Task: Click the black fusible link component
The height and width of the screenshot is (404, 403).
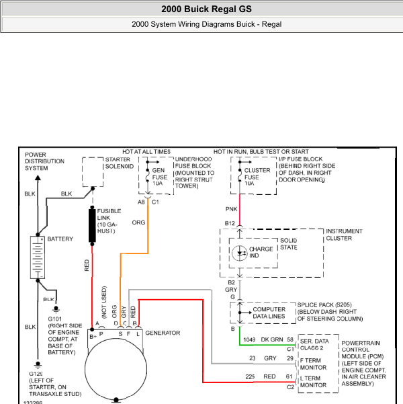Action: click(92, 226)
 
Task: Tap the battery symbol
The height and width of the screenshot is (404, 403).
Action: click(38, 257)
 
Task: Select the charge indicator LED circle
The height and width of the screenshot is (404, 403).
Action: click(240, 253)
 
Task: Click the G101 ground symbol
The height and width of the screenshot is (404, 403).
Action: click(56, 309)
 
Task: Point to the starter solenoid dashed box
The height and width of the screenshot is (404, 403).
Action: click(93, 172)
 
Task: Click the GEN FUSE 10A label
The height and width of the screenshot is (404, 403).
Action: click(160, 177)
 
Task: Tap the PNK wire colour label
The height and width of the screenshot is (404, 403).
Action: click(231, 209)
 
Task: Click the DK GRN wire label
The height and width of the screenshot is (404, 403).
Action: click(272, 339)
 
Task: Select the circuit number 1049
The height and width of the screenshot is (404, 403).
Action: click(249, 339)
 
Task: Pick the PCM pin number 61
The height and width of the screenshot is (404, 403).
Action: click(289, 376)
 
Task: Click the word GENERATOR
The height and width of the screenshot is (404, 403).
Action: click(163, 333)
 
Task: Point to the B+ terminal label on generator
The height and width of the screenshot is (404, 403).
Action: click(93, 337)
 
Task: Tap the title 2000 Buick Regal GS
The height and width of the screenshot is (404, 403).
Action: click(206, 9)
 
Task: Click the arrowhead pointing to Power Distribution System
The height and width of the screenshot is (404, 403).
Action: click(38, 177)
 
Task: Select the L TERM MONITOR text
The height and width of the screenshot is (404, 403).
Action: click(313, 382)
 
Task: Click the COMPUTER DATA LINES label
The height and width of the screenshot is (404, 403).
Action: click(269, 313)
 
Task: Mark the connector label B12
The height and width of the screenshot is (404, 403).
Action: click(230, 223)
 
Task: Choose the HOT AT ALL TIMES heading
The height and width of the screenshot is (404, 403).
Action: click(146, 152)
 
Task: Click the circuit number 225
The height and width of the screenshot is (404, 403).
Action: click(250, 376)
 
